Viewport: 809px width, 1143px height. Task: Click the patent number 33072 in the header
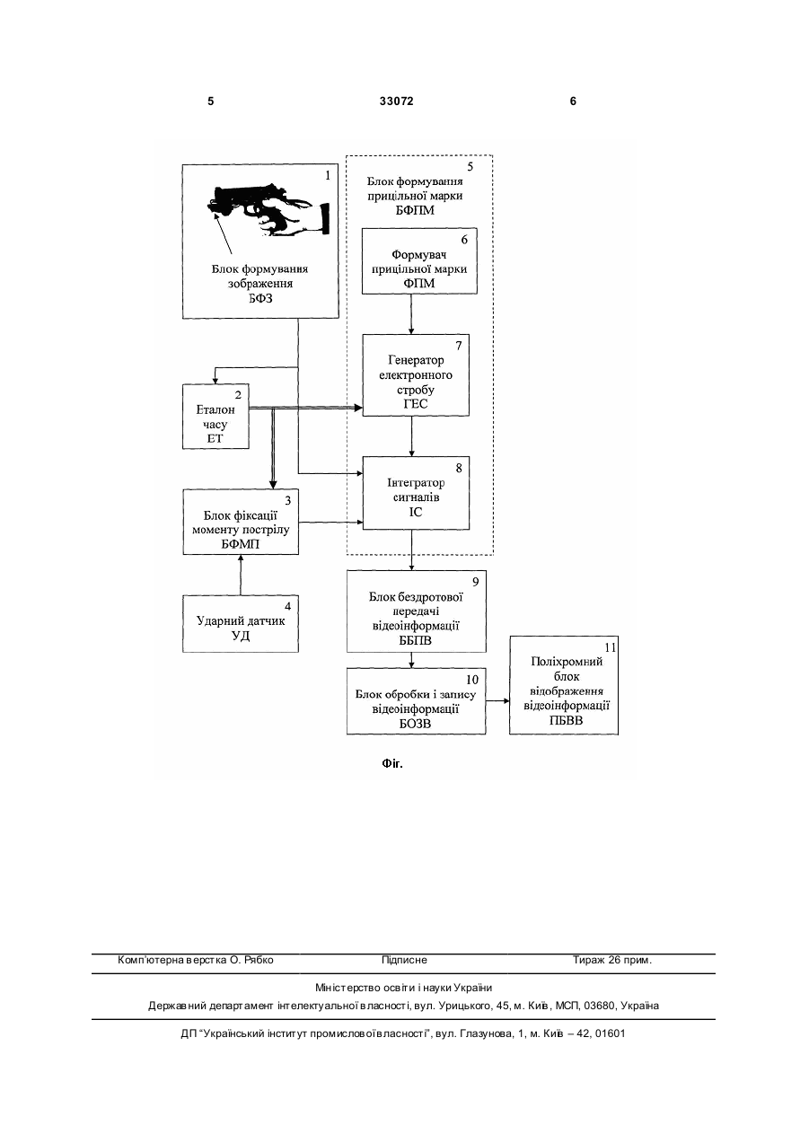tap(396, 101)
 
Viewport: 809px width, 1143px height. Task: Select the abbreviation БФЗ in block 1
tap(260, 298)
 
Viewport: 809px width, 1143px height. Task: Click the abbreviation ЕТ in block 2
tap(215, 438)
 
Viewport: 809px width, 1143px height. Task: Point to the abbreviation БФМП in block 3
tap(241, 544)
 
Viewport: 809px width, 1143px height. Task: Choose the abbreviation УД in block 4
tap(241, 636)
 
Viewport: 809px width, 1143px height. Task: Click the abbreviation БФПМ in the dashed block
tap(415, 210)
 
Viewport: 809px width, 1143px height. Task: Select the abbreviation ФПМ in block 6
tap(419, 283)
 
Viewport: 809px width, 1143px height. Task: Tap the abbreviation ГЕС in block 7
tap(416, 404)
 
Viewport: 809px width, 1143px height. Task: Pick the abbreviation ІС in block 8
tap(416, 512)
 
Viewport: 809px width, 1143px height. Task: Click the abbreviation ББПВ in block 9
tap(416, 640)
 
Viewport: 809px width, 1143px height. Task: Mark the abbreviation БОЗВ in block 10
tap(415, 724)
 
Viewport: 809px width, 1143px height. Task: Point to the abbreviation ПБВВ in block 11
tap(566, 720)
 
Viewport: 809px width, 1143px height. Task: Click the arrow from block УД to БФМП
tap(241, 575)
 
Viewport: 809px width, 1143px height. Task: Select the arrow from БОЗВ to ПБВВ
tap(497, 700)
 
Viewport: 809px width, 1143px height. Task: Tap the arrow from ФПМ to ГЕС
tap(411, 314)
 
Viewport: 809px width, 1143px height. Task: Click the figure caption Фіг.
tap(392, 764)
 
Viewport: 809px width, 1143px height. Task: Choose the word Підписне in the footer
tap(404, 960)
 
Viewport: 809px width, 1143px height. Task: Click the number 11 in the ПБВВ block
tap(611, 647)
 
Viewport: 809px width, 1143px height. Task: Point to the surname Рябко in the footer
tap(259, 960)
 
